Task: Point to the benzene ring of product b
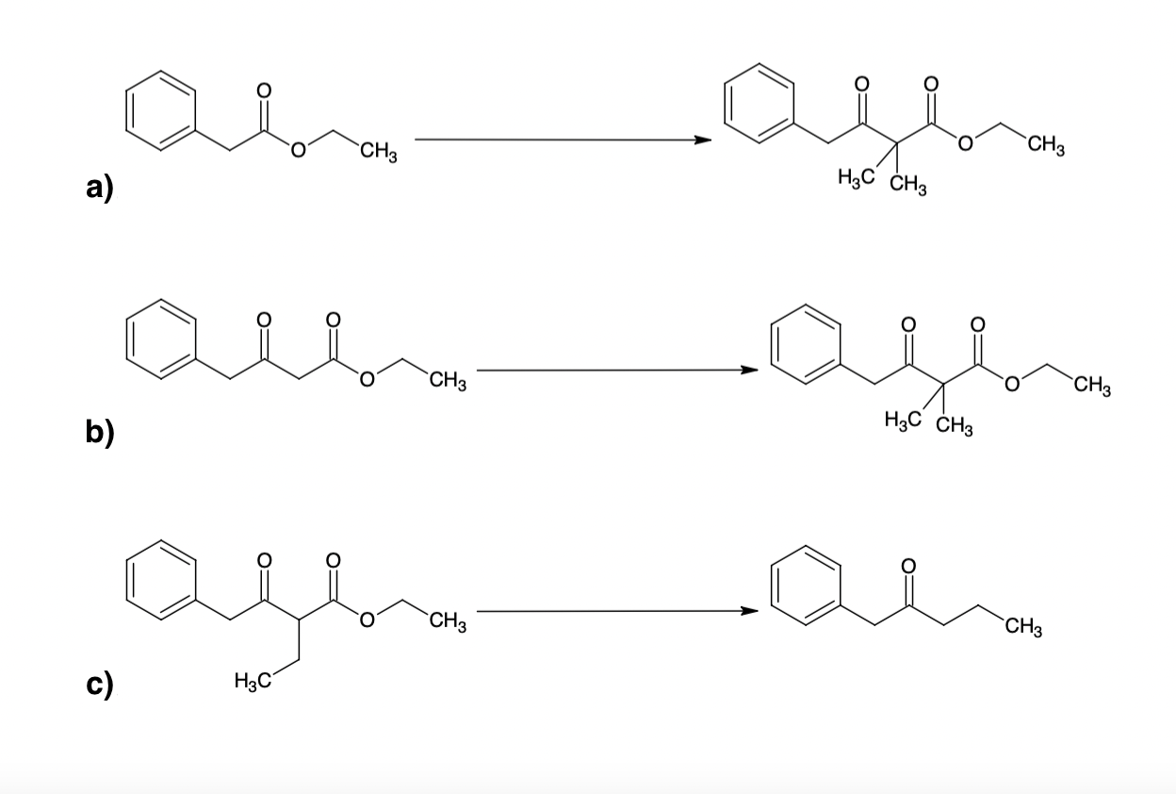pyautogui.click(x=807, y=344)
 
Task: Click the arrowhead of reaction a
pyautogui.click(x=702, y=141)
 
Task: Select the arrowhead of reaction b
pyautogui.click(x=749, y=371)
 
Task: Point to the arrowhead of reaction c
pyautogui.click(x=749, y=611)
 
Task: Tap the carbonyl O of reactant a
pyautogui.click(x=264, y=90)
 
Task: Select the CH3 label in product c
pyautogui.click(x=1022, y=625)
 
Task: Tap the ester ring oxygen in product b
pyautogui.click(x=1013, y=384)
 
